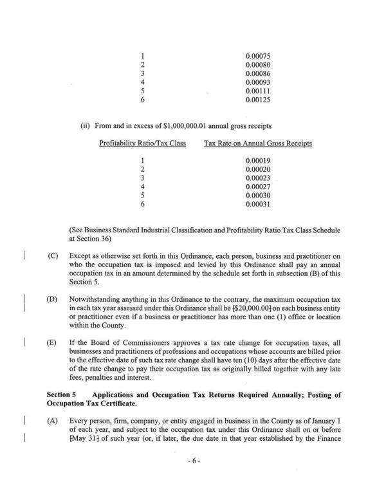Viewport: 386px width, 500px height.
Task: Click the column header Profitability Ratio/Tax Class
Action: click(142, 144)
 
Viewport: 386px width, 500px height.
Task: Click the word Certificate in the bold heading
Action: click(121, 403)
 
